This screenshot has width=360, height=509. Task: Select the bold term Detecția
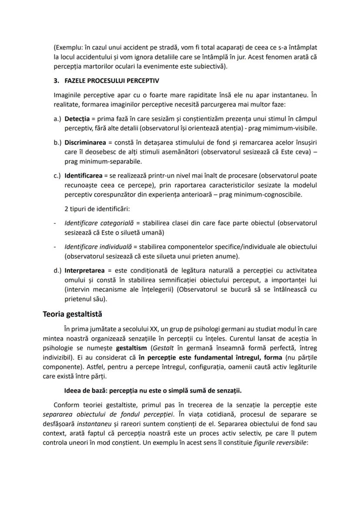77,119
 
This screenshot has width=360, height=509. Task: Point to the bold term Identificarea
83,176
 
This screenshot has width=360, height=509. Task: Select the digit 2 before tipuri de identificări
66,209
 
